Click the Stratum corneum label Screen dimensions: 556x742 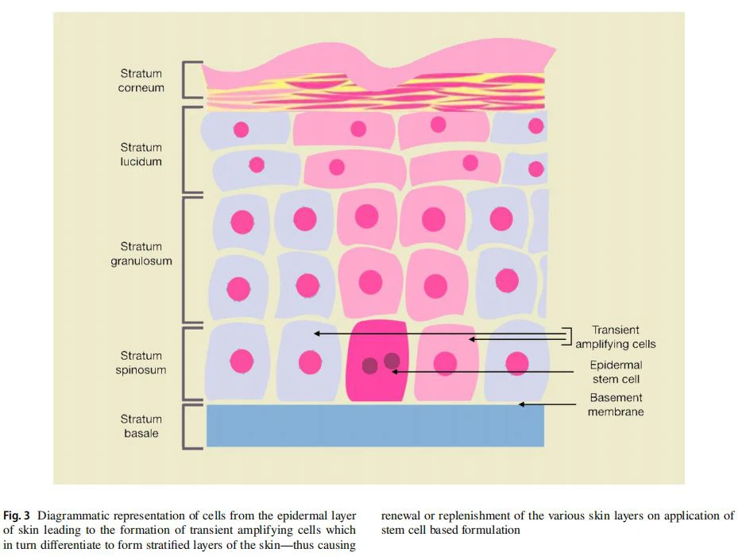coord(141,81)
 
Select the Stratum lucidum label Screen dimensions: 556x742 coord(141,154)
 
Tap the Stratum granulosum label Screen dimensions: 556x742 coord(141,253)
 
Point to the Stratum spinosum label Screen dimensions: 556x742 coord(141,363)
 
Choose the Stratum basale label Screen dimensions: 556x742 coord(141,426)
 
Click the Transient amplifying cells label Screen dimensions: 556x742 coord(616,337)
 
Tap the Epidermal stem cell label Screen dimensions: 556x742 coord(616,372)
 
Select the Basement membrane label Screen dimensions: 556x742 coord(616,404)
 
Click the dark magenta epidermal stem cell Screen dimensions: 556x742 coord(378,361)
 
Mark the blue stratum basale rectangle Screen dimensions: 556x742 coord(375,426)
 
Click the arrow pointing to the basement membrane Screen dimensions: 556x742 coord(548,404)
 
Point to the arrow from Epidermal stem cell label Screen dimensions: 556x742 coord(485,371)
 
